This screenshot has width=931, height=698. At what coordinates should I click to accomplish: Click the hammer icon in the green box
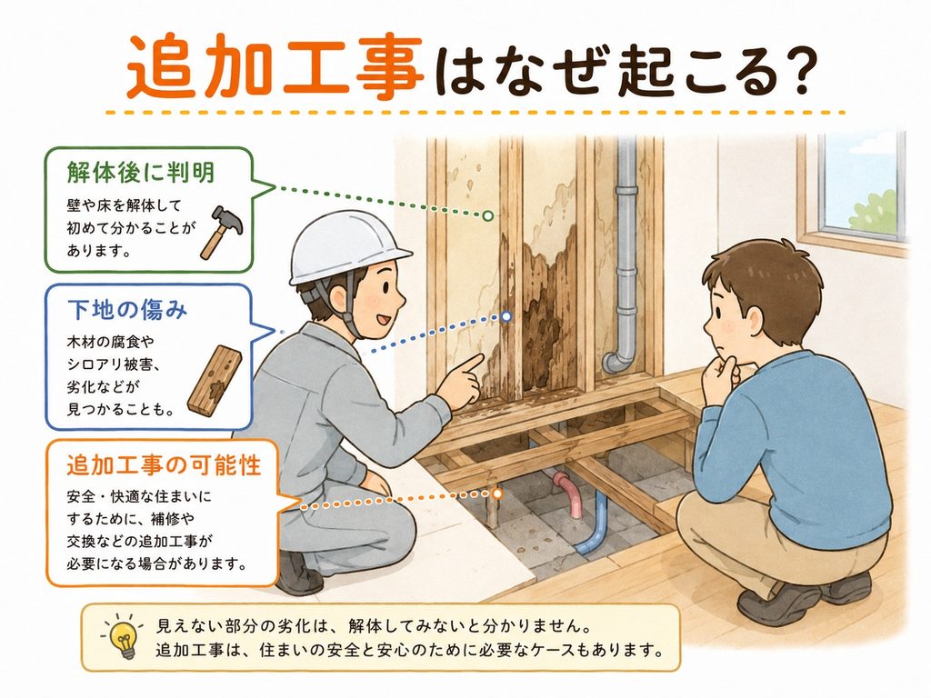(x=220, y=232)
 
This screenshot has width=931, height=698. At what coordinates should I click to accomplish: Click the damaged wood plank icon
(x=215, y=379)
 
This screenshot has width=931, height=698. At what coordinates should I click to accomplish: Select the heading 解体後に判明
(x=140, y=172)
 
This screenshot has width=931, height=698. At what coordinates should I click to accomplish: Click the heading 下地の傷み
(x=127, y=309)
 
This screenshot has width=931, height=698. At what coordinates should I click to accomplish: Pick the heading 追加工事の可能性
(x=164, y=464)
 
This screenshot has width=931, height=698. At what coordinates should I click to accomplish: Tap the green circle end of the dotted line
(x=487, y=215)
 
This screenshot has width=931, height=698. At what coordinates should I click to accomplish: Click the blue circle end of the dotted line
(x=506, y=316)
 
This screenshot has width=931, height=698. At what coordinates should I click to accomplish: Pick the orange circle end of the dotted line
(x=497, y=493)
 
